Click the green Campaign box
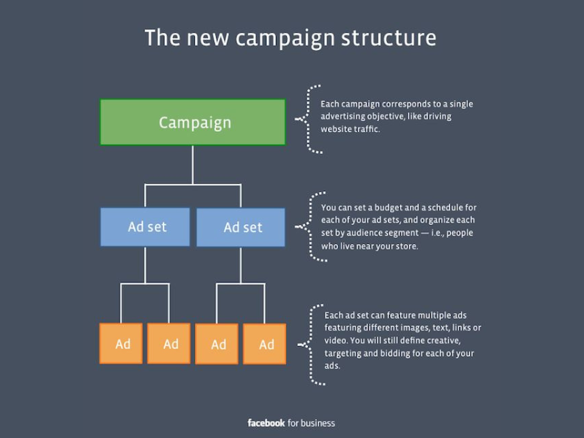(x=193, y=122)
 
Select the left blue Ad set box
(x=145, y=227)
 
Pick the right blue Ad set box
(x=241, y=228)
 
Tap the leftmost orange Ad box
(x=123, y=343)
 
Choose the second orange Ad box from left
(x=170, y=343)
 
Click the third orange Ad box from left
(x=218, y=344)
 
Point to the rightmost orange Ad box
(x=266, y=344)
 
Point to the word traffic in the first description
(x=365, y=129)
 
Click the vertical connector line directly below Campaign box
(x=193, y=164)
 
